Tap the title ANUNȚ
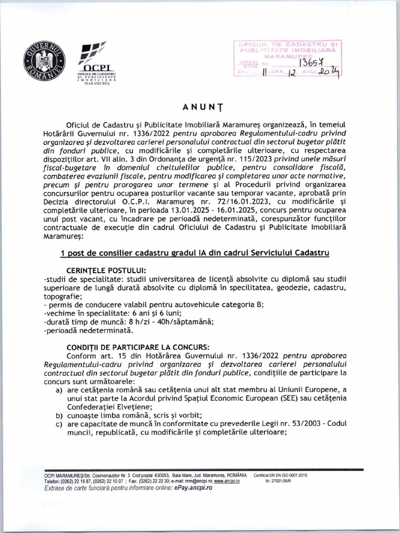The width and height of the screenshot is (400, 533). (x=200, y=107)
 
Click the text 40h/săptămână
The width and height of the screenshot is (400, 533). (x=182, y=321)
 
